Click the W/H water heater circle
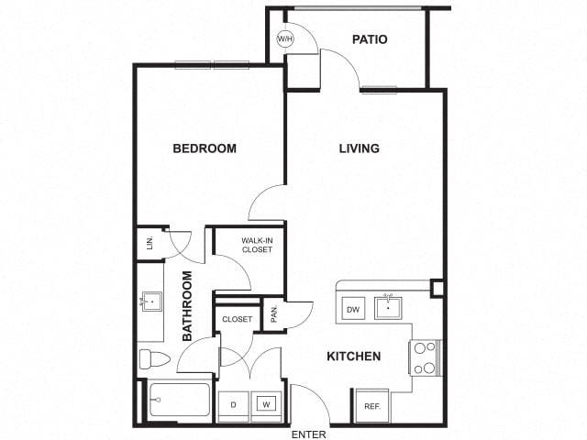tap(285, 38)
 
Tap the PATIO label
tap(370, 39)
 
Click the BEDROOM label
tap(205, 148)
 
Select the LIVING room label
tap(359, 148)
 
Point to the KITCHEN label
tap(354, 357)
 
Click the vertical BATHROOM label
tap(187, 305)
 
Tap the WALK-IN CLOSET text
tap(257, 245)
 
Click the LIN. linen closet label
tap(150, 243)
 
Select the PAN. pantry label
tap(274, 313)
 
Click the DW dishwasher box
tap(353, 309)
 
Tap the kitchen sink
tap(388, 308)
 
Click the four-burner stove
tap(426, 357)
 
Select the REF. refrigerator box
tap(372, 406)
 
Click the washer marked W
tap(266, 404)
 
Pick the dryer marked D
tap(233, 405)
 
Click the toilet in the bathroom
tap(154, 358)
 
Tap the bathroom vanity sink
tap(150, 302)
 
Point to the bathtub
tap(179, 400)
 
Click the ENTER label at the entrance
tap(309, 434)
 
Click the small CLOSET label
tap(237, 319)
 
